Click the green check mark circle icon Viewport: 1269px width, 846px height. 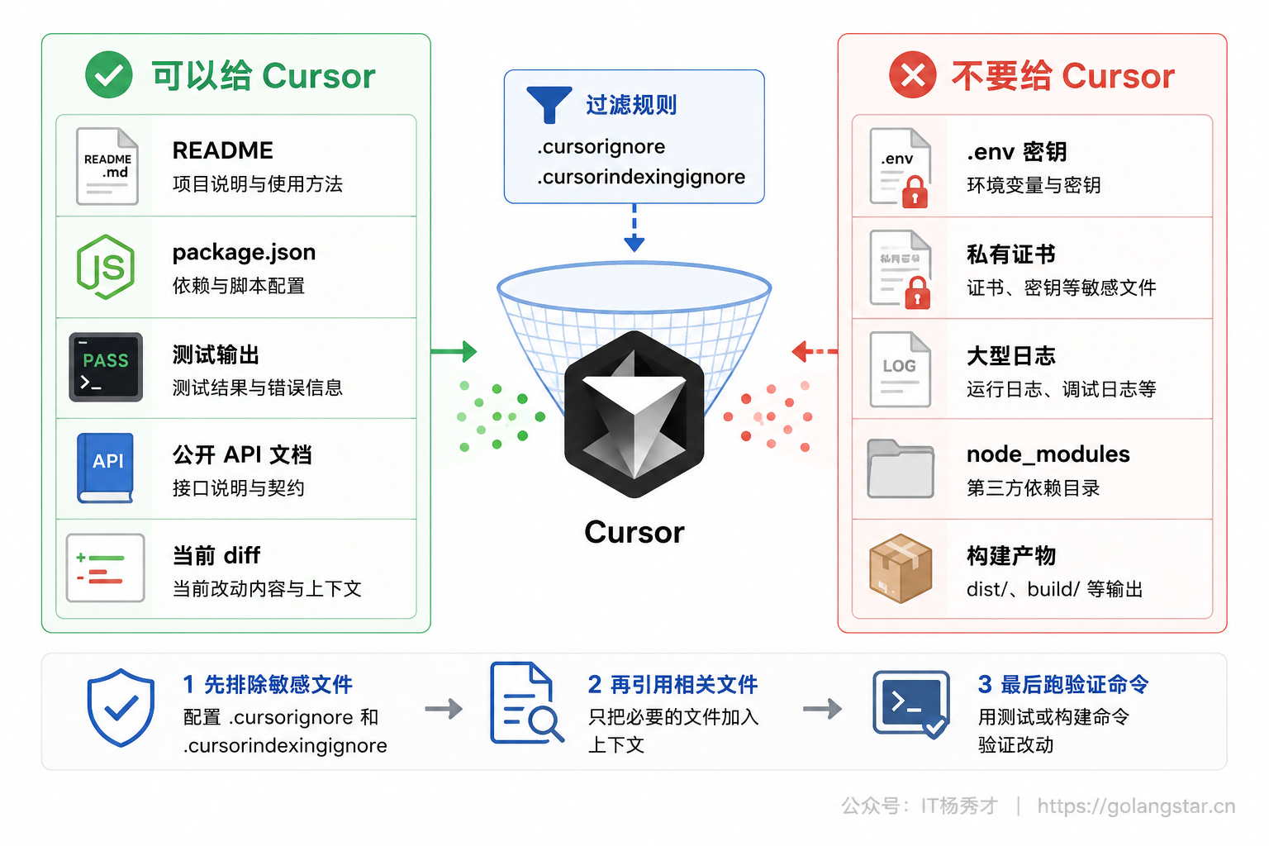[109, 75]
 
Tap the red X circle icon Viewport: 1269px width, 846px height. [913, 75]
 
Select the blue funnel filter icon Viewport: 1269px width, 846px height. [549, 105]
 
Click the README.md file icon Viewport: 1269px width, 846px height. [107, 166]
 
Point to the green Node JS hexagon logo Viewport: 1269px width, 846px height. [106, 267]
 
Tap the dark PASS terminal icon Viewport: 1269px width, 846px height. [106, 367]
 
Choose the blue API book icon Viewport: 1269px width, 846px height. [106, 468]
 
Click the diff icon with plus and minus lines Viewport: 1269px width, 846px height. [106, 568]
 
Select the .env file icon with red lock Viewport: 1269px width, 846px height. [901, 168]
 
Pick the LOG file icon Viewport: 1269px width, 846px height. [901, 369]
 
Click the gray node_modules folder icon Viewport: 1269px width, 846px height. [901, 468]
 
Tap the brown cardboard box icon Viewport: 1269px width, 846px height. [901, 568]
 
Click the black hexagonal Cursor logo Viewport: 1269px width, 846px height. [634, 414]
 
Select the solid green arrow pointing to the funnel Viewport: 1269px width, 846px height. [454, 351]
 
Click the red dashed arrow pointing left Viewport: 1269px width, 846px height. [815, 351]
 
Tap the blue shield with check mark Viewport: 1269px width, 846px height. [121, 708]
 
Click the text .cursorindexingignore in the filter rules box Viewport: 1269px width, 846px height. [641, 178]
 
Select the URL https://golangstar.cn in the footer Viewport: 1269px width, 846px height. [1137, 806]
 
